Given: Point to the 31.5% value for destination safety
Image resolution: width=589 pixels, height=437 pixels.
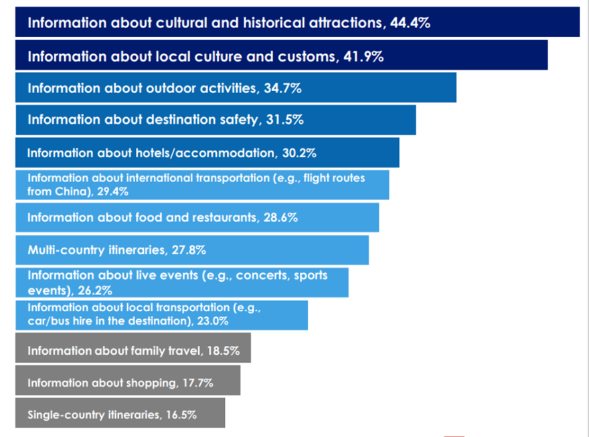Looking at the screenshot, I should click(x=284, y=120).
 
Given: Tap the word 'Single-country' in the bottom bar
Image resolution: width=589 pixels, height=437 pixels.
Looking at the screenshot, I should click(x=66, y=415).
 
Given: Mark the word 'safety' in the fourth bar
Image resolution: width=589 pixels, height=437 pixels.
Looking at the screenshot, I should click(x=236, y=120).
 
